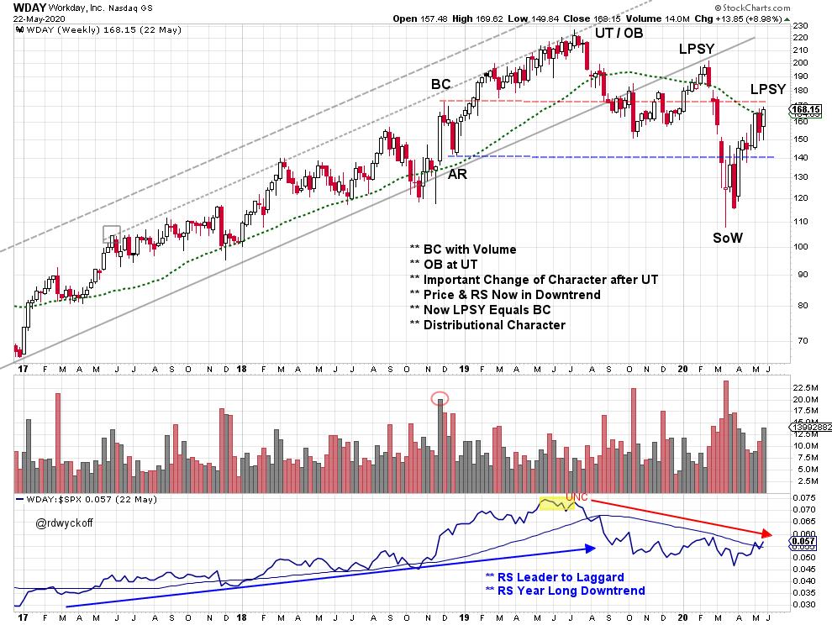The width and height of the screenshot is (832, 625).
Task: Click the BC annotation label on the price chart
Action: click(x=442, y=85)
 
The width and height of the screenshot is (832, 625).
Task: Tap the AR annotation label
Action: click(x=458, y=175)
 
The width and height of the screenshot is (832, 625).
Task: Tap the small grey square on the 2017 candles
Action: click(x=113, y=234)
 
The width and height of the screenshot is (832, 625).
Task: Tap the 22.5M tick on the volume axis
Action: click(x=805, y=386)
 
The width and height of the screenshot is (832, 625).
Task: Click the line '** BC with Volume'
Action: click(x=463, y=249)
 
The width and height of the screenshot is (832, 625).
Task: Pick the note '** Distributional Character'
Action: click(x=487, y=324)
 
